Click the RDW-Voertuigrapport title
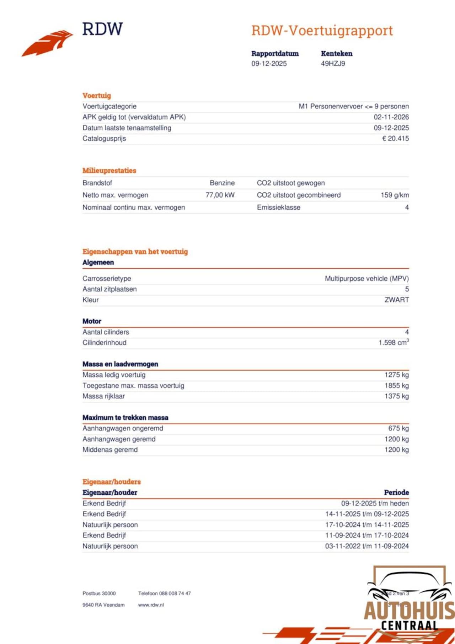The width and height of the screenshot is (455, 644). pos(322,31)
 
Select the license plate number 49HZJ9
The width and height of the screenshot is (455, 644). pos(333,64)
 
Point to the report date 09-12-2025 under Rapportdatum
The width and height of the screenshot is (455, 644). pos(269,64)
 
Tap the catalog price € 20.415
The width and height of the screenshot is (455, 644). pos(395,139)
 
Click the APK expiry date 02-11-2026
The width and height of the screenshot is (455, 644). pos(391,117)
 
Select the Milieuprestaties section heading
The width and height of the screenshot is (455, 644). pos(109,171)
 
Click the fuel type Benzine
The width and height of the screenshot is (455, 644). pos(222,183)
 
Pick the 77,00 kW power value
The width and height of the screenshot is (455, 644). pos(220,195)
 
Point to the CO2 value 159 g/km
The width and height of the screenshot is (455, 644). pos(395,195)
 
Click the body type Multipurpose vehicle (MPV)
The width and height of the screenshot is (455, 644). pos(366,279)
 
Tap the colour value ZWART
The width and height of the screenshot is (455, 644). pos(396,300)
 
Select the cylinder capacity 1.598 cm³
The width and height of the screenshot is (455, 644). pos(393,343)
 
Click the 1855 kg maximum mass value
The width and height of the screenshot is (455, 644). pos(396,386)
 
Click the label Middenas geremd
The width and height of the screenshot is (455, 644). pos(110,450)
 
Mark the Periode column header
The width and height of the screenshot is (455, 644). pos(396,493)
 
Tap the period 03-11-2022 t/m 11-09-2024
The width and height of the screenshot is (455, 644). pos(367,546)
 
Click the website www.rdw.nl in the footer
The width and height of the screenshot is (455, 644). pos(151,605)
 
